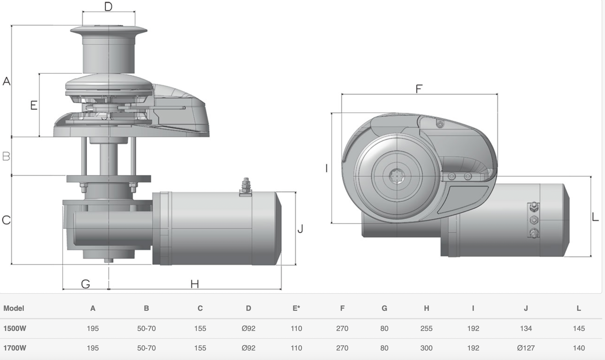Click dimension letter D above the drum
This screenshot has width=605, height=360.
(108, 6)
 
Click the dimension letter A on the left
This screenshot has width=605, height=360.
(6, 81)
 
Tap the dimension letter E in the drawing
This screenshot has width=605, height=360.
(34, 105)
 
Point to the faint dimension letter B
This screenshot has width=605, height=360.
(6, 156)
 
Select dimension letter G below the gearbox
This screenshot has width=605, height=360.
(85, 284)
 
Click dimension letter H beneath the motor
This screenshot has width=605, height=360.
(195, 284)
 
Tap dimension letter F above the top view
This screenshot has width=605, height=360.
(419, 89)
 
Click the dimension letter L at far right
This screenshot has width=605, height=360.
(595, 217)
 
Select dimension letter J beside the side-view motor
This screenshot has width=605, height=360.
(300, 229)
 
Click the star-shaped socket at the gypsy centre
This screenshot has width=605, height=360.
(397, 176)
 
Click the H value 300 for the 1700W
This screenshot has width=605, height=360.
(426, 348)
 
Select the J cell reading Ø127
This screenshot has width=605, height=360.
(526, 348)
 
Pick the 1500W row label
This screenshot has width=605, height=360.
(15, 328)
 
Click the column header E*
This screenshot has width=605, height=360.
(296, 308)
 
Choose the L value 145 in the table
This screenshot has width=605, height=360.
(579, 328)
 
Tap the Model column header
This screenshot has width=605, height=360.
(14, 308)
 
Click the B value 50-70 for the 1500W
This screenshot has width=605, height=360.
(146, 328)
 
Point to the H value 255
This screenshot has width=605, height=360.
(426, 328)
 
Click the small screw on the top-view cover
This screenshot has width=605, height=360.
(440, 124)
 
